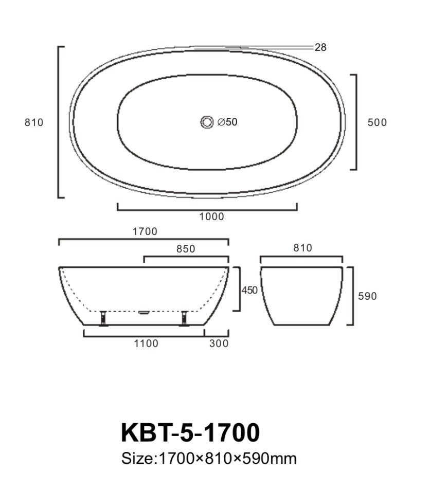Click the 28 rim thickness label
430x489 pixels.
[320, 47]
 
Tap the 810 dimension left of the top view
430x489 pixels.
[34, 122]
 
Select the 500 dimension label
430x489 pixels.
[377, 122]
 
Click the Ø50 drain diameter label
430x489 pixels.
[227, 122]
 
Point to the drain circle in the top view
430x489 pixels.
[207, 122]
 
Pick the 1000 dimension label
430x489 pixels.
[212, 216]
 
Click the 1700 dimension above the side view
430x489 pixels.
[145, 232]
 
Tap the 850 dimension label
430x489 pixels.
[186, 249]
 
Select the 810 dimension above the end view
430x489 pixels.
[302, 248]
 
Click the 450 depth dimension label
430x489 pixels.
[249, 291]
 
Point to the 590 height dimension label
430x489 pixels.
[367, 296]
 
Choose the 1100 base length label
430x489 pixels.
[146, 343]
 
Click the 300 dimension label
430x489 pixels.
[219, 343]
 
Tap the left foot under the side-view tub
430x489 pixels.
[103, 318]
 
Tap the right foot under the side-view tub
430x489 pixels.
[184, 318]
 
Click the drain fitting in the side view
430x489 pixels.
[144, 312]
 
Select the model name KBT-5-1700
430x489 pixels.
[190, 432]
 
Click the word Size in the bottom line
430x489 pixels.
[137, 458]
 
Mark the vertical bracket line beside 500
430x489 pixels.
[356, 122]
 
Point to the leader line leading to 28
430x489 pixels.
[257, 47]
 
